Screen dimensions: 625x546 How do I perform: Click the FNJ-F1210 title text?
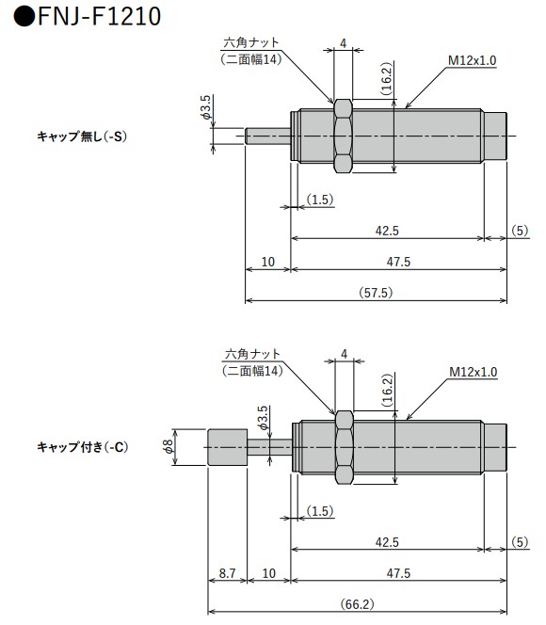89,16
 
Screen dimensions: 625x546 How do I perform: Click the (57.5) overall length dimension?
376,293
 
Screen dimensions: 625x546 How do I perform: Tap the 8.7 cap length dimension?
227,572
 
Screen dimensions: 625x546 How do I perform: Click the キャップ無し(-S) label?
81,136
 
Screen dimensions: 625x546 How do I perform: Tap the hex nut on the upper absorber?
343,135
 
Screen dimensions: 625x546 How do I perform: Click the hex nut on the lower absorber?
343,446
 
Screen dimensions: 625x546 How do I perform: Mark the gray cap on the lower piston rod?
226,447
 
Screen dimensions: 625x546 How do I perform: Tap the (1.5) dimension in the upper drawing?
320,200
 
